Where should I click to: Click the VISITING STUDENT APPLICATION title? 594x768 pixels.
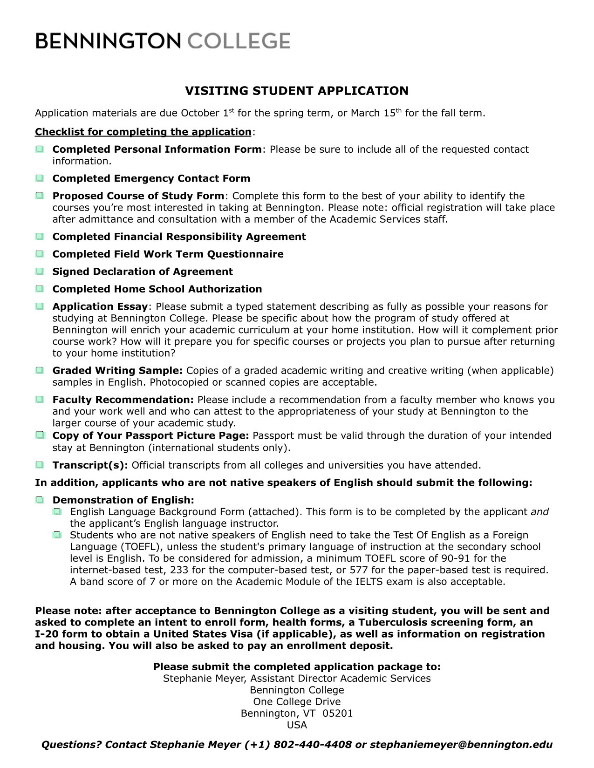[297, 91]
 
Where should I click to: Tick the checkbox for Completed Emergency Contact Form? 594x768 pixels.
[40, 178]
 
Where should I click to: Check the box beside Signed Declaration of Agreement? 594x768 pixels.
[40, 272]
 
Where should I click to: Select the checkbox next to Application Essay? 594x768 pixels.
[40, 306]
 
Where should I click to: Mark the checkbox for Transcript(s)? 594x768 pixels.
[40, 465]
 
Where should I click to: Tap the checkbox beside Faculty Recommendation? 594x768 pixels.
[40, 400]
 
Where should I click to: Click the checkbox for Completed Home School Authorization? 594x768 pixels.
[40, 289]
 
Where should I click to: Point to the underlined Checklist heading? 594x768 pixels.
[143, 132]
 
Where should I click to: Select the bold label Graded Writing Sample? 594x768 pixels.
[117, 371]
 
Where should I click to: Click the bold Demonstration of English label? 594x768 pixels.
[123, 500]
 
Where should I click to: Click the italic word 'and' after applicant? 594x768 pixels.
[539, 512]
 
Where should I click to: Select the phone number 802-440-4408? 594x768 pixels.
[313, 745]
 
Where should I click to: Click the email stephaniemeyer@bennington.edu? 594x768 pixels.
[461, 745]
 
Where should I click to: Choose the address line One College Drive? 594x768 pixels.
[297, 702]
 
